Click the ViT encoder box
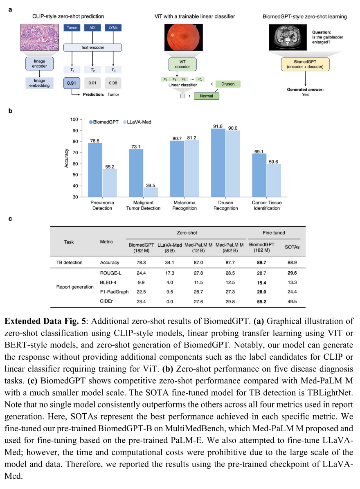pyautogui.click(x=183, y=65)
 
